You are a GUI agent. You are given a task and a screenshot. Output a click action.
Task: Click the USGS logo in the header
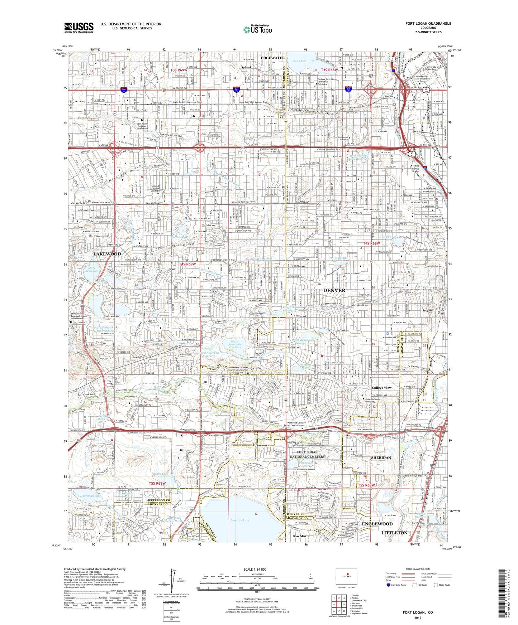pyautogui.click(x=79, y=27)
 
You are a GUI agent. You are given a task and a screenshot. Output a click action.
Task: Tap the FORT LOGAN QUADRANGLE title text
pyautogui.click(x=428, y=24)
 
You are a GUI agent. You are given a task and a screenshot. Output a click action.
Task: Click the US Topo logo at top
pyautogui.click(x=257, y=30)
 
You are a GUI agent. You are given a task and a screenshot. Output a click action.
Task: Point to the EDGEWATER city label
pyautogui.click(x=273, y=58)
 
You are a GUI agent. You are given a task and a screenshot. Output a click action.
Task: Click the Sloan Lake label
pyautogui.click(x=300, y=61)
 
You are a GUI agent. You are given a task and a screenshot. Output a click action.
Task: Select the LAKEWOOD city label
pyautogui.click(x=107, y=254)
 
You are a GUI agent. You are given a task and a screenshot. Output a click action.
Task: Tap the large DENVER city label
pyautogui.click(x=334, y=290)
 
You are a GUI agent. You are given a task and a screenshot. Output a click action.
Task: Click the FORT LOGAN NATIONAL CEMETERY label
pyautogui.click(x=308, y=454)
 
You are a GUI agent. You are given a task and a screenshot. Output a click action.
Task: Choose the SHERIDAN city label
pyautogui.click(x=381, y=458)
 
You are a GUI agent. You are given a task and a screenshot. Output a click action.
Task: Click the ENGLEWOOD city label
pyautogui.click(x=377, y=524)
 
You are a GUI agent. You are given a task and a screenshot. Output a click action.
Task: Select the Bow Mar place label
pyautogui.click(x=299, y=536)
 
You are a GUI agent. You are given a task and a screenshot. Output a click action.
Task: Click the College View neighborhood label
pyautogui.click(x=381, y=388)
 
